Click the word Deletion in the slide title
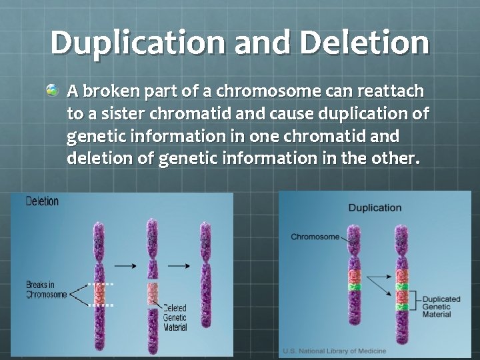[x=365, y=43]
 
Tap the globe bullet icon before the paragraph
[x=52, y=89]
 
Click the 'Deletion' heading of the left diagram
[x=42, y=201]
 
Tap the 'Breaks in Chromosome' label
[x=46, y=290]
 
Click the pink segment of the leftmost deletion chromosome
[x=101, y=293]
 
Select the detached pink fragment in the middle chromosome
[x=153, y=294]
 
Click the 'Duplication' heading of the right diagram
[x=375, y=207]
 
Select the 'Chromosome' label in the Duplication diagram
[x=315, y=237]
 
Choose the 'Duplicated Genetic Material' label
[x=437, y=307]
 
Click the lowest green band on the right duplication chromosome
[x=401, y=307]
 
